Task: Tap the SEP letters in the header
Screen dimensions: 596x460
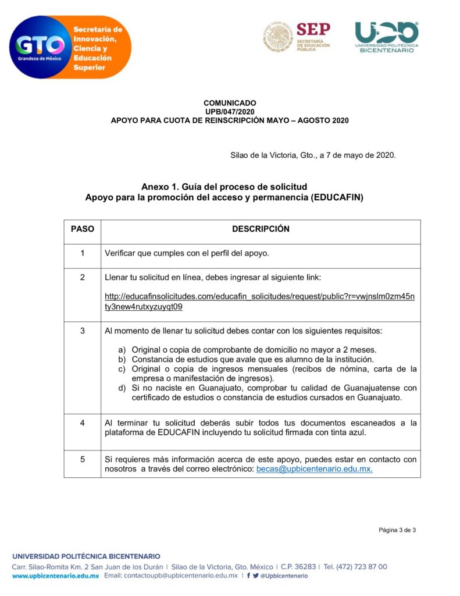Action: coord(313,29)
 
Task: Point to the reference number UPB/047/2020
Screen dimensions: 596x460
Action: coord(230,112)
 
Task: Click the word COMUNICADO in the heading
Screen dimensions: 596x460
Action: coord(230,104)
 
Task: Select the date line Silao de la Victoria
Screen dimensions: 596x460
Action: coord(313,155)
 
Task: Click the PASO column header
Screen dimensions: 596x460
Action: coord(83,229)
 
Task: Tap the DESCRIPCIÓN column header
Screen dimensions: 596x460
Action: coord(261,229)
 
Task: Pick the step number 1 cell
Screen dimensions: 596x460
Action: coord(83,253)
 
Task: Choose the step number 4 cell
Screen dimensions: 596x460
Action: coord(83,423)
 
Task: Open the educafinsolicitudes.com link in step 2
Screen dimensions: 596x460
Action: coord(259,301)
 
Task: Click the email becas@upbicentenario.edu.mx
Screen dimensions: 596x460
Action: coord(314,469)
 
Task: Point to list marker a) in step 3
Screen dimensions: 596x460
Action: coord(122,350)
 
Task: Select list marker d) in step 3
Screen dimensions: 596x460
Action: coord(122,388)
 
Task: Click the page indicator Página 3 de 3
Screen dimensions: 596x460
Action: coord(397,530)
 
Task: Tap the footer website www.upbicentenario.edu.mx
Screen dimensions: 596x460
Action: coord(56,576)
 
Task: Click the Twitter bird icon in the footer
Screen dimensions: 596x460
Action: coord(255,576)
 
